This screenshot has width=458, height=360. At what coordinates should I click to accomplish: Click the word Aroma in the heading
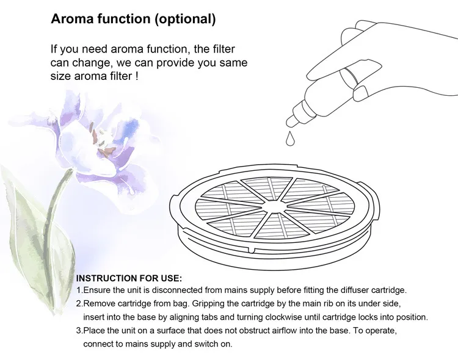72,19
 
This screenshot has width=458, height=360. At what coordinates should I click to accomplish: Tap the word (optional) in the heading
185,20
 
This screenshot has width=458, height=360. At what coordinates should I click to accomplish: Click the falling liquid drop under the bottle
290,138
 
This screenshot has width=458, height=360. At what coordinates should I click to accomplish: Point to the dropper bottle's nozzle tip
290,123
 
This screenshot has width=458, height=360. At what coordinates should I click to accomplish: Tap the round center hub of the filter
274,206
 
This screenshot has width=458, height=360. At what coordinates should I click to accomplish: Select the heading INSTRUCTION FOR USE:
129,278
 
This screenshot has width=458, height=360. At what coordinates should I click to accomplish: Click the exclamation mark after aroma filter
136,76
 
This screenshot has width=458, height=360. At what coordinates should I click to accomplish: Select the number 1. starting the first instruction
80,290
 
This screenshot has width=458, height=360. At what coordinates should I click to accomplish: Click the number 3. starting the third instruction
80,331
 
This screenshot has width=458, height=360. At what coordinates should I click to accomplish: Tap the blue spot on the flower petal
131,126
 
